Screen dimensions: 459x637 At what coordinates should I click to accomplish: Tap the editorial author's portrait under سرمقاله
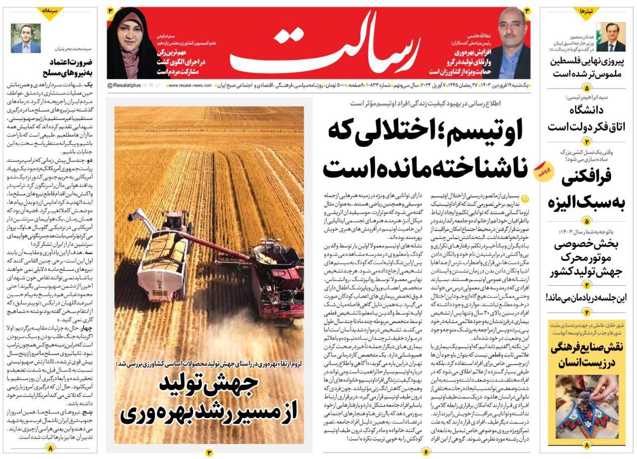coord(26,38)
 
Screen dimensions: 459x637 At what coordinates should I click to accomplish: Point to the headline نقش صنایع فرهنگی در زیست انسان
coord(586,355)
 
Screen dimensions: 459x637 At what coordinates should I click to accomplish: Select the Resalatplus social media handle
coord(124,86)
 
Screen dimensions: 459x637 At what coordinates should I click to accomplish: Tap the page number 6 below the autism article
coord(426,452)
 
